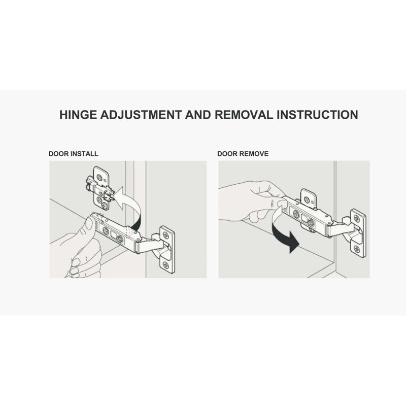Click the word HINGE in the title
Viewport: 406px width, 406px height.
click(78, 115)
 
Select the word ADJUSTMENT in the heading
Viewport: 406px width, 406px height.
click(141, 115)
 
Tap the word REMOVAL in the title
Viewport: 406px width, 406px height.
click(244, 115)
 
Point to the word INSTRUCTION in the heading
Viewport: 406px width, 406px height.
click(318, 115)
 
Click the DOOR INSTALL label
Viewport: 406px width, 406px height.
click(73, 154)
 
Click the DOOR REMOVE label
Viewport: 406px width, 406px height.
click(243, 154)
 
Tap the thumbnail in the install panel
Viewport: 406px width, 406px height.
click(89, 223)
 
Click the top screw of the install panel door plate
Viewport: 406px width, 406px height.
click(165, 235)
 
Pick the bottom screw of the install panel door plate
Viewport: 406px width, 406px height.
click(166, 265)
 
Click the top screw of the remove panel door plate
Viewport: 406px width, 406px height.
click(357, 219)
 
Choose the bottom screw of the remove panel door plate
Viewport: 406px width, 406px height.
click(357, 249)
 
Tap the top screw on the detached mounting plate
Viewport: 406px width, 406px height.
click(99, 178)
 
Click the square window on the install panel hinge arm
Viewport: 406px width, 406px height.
click(113, 235)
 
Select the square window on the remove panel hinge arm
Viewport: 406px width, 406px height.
click(303, 218)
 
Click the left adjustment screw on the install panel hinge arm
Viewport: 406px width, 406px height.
click(106, 230)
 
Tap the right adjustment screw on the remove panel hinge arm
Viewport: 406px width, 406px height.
click(311, 222)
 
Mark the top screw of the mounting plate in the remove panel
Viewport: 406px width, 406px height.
click(307, 199)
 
